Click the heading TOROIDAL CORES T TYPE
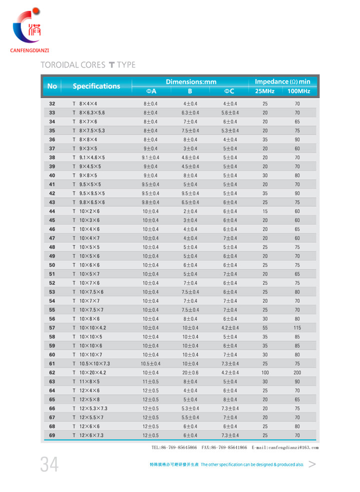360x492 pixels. [87, 65]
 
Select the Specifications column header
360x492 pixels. [96, 86]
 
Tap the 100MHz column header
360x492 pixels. [299, 91]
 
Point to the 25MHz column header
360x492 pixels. [264, 91]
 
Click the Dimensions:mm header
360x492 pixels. [191, 81]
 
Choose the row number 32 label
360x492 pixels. [52, 104]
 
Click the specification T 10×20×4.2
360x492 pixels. [90, 372]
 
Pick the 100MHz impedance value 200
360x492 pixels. [297, 372]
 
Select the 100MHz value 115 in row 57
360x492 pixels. [297, 328]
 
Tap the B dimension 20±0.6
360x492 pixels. [190, 372]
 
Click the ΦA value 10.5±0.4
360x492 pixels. [150, 363]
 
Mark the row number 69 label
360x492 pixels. [52, 435]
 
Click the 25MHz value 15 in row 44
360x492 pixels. [265, 211]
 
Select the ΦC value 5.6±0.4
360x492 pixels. [230, 113]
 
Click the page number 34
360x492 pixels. [49, 465]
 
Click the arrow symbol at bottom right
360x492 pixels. [312, 464]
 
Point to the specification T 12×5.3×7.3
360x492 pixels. [90, 408]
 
